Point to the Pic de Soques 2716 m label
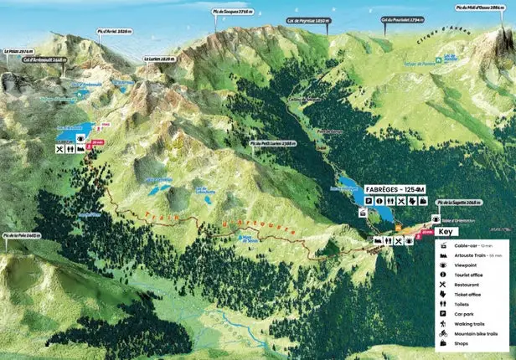(232, 13)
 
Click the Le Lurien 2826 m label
(159, 59)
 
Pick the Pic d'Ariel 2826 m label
(113, 33)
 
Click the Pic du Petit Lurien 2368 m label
(274, 143)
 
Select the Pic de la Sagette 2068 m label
(457, 202)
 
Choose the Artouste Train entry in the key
(474, 255)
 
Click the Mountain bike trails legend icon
(441, 333)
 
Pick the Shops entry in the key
(462, 343)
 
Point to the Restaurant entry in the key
(468, 285)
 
